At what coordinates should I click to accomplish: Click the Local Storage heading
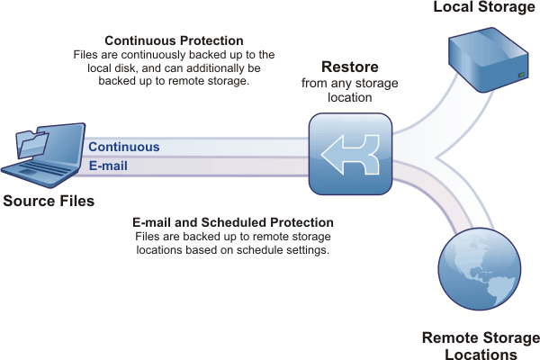[x=484, y=7]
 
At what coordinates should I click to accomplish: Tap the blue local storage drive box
[x=489, y=59]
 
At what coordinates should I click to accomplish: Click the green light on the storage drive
[x=521, y=75]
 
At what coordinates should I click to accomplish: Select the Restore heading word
[x=350, y=67]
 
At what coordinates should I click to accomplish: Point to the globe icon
[x=480, y=269]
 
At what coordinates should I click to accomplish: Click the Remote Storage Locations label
[x=481, y=346]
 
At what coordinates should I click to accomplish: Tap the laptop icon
[x=43, y=156]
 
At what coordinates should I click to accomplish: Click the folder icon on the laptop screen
[x=31, y=144]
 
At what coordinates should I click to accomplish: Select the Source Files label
[x=49, y=201]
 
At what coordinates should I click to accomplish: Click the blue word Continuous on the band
[x=124, y=147]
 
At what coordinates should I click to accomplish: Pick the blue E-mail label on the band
[x=108, y=166]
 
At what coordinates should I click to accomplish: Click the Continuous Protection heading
[x=174, y=40]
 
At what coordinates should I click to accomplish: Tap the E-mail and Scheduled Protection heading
[x=233, y=222]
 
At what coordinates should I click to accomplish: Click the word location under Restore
[x=349, y=97]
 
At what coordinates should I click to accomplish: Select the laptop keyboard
[x=40, y=169]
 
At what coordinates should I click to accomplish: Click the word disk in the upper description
[x=126, y=67]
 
